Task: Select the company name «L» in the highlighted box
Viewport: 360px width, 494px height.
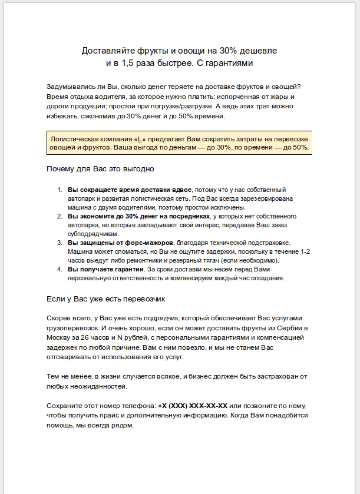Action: coord(141,138)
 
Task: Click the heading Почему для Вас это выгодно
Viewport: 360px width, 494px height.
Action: coord(100,170)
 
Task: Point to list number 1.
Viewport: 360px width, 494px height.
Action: coord(59,190)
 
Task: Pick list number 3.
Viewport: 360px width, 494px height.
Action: coord(59,243)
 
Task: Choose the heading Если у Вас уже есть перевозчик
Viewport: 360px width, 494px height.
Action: coord(107,299)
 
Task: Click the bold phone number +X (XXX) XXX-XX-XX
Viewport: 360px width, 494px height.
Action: coord(193,406)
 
